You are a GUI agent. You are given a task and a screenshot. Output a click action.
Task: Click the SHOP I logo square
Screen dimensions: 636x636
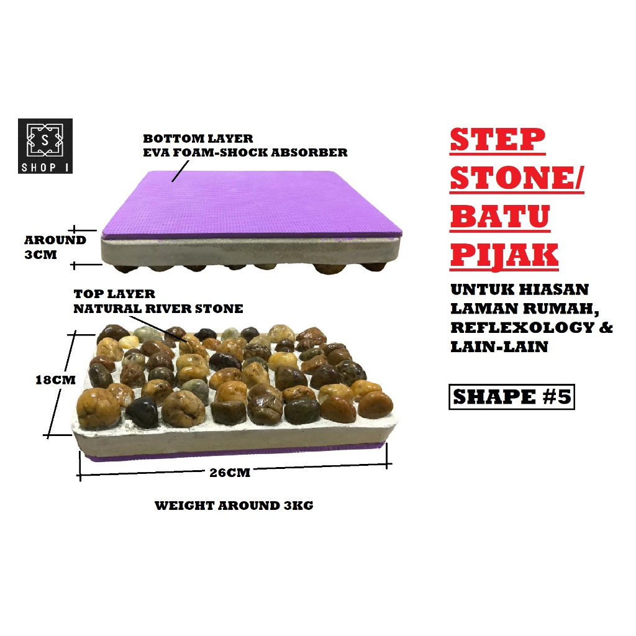[45, 146]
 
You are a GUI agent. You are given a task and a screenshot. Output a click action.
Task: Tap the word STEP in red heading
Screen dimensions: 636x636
[497, 142]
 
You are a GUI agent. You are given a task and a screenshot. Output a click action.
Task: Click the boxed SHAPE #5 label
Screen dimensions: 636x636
[511, 397]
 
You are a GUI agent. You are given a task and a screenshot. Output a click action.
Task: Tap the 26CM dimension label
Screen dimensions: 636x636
[230, 473]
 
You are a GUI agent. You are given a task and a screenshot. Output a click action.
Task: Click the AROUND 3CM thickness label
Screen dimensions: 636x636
[55, 247]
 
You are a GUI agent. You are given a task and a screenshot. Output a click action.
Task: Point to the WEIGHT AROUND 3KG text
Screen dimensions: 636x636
[234, 506]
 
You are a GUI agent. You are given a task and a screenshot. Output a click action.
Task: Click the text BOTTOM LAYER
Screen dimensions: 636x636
[198, 139]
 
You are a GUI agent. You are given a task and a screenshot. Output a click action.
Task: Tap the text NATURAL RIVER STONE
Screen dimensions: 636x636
[158, 308]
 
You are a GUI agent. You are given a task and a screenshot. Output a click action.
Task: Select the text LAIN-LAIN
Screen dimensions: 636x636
[490, 347]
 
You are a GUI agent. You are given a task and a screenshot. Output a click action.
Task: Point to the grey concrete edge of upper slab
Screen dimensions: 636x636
[248, 252]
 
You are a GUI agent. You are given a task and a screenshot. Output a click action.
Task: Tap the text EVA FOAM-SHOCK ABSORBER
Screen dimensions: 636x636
[245, 152]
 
